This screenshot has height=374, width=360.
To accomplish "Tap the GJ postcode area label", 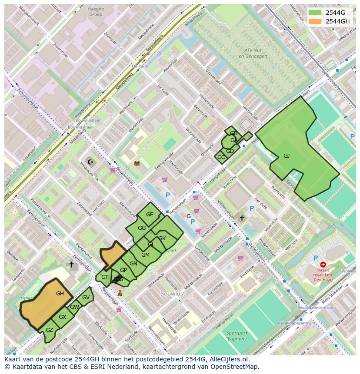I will point(287,156).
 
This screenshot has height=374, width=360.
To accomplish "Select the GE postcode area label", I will point(150,215).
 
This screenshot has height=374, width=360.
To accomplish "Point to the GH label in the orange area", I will point(60,294).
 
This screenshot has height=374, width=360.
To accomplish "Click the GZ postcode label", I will point(49,330).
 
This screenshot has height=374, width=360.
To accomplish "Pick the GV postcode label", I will point(86,298).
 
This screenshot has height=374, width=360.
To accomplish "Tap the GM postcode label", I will point(145,255).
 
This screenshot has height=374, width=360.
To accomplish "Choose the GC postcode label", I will point(221,157).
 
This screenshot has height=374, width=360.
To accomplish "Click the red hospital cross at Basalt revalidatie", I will point(323,264).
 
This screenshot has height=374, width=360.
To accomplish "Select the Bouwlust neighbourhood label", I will point(173,294).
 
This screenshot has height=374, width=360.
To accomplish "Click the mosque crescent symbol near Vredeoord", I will point(90,162).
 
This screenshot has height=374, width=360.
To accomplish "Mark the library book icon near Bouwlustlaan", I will point(137,163).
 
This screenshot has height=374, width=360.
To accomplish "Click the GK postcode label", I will point(162,238).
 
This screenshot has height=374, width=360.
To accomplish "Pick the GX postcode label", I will point(62,317).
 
